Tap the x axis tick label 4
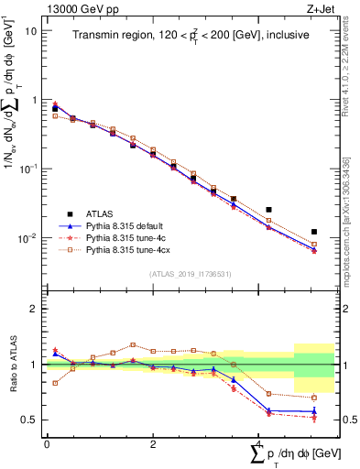[260, 444]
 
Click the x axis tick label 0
[47, 444]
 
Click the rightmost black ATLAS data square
[314, 233]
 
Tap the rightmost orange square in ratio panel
[314, 398]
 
